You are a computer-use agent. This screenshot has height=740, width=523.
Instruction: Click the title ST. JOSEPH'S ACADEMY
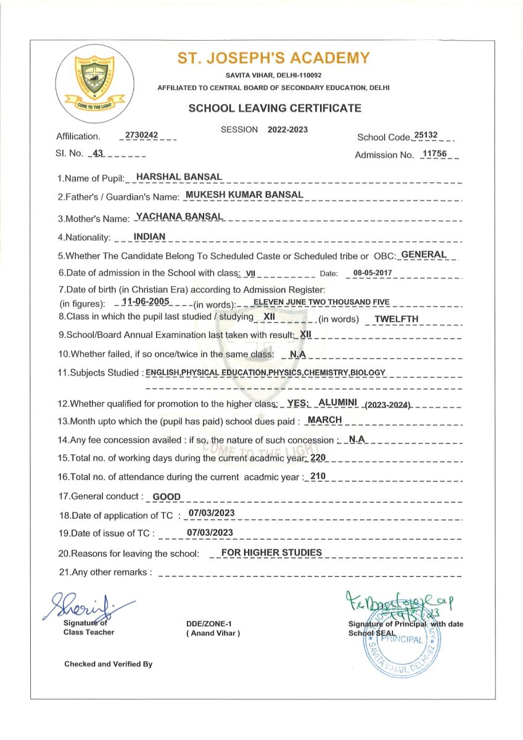pos(274,59)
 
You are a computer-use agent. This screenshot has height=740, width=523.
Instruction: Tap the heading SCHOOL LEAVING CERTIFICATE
pos(274,109)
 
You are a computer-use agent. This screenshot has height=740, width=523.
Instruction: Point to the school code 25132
pos(426,134)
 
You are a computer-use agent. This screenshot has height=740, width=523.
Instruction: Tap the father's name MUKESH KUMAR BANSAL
pos(244,194)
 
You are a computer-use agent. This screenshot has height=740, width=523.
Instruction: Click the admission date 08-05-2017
pos(373,272)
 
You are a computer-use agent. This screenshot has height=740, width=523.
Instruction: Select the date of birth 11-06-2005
pos(146,301)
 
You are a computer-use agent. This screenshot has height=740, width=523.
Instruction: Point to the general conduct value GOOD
pos(167,496)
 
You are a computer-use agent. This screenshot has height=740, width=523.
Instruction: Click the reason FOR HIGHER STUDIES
pos(272,552)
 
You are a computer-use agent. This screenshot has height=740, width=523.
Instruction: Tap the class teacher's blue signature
pos(86,606)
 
